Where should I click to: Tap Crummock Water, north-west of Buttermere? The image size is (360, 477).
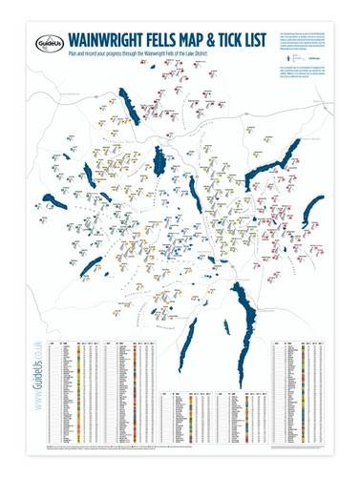(x=88, y=174)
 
